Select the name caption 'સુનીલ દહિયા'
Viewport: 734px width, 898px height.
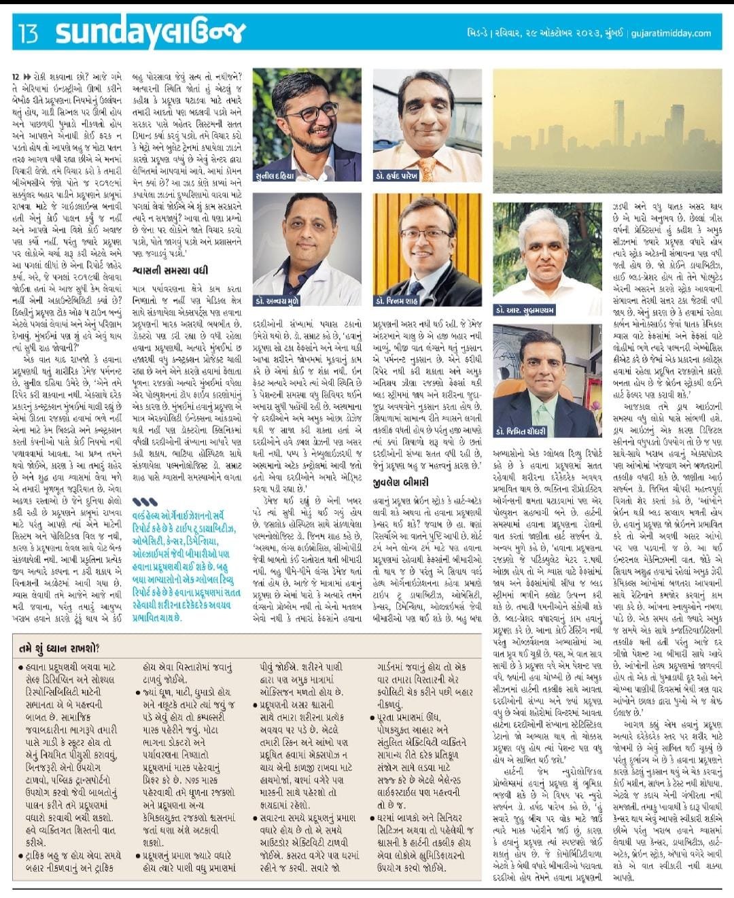click(277, 176)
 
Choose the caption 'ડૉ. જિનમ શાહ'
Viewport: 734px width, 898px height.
click(397, 300)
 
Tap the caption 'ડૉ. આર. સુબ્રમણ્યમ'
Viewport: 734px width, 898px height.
click(525, 310)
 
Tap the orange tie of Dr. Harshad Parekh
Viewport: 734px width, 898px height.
click(427, 167)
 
